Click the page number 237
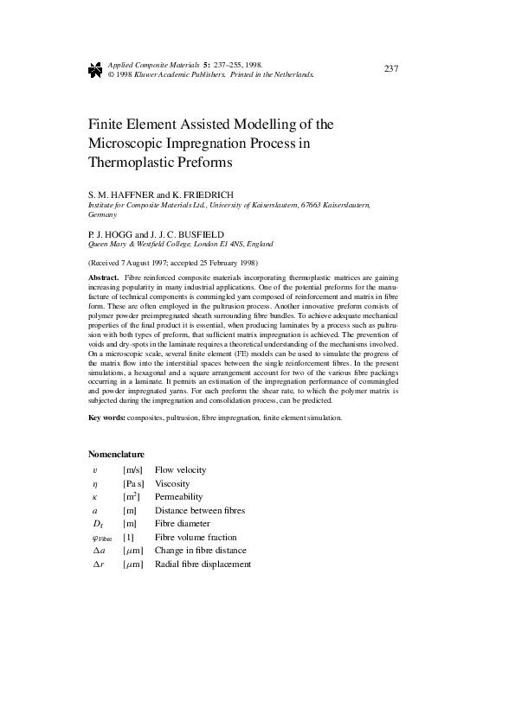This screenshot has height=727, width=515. click(389, 68)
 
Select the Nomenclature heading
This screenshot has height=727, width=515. click(116, 454)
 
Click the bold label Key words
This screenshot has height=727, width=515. click(106, 418)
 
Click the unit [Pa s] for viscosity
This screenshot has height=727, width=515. click(133, 484)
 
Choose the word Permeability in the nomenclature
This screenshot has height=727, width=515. click(178, 497)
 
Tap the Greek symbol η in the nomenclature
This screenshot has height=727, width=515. click(95, 484)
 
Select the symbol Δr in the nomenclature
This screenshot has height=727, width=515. click(98, 564)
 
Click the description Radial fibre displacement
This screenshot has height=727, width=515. click(203, 564)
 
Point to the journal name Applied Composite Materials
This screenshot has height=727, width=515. click(154, 65)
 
